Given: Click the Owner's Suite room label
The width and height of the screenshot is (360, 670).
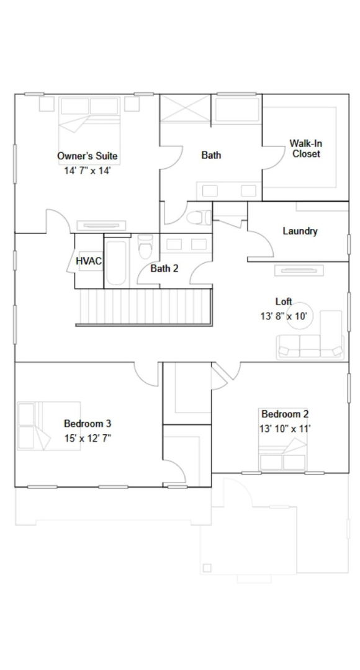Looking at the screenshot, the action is [88, 156].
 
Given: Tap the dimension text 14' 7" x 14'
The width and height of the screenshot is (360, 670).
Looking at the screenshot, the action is [88, 171].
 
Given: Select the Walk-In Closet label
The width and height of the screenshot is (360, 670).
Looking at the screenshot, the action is [306, 149].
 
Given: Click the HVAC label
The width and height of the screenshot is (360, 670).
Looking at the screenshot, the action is [89, 261].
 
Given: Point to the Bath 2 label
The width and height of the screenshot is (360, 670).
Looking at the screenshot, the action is [164, 269].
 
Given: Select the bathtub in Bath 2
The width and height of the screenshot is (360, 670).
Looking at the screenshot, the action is [116, 263].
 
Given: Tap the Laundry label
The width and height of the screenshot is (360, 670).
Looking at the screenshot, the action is [300, 231].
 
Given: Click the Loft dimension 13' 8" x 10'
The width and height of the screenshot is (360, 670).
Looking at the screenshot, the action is [284, 316].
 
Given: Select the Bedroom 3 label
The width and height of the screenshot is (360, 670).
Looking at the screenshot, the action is [88, 424].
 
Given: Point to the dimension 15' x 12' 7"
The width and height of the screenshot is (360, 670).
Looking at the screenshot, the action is [88, 439].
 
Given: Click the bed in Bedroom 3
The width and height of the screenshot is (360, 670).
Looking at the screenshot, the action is [49, 426].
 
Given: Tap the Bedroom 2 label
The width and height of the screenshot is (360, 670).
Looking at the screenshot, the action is [285, 414].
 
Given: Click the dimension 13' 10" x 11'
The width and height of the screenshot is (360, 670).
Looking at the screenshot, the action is [285, 429].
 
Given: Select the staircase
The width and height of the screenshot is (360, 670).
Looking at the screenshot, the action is [144, 307].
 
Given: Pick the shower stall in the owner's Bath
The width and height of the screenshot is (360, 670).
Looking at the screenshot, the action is [185, 109].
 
